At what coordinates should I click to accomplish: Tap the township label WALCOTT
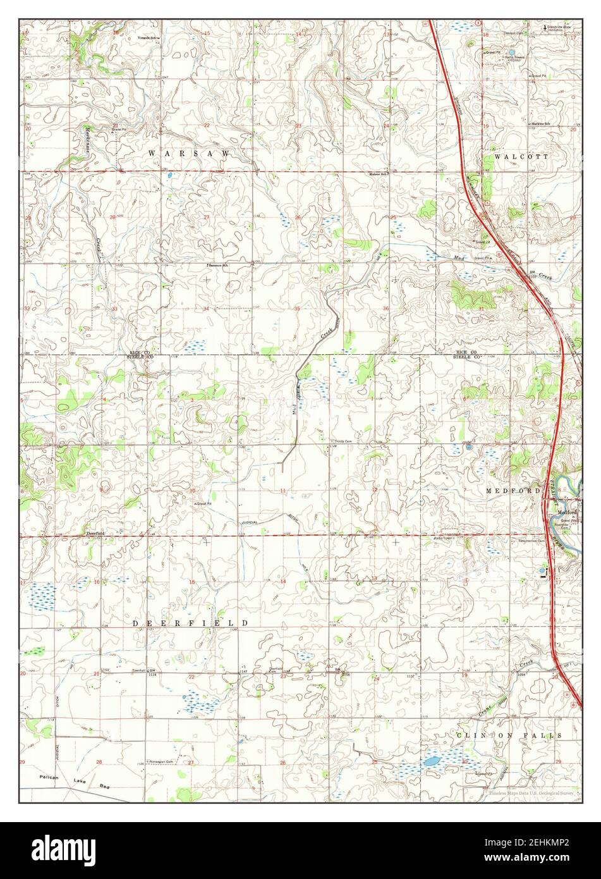(522, 156)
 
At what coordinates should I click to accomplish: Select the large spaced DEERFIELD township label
(190, 623)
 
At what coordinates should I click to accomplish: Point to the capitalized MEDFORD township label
(513, 490)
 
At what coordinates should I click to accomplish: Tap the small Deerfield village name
(95, 534)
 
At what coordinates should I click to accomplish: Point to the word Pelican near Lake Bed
(48, 776)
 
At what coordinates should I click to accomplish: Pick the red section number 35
(297, 309)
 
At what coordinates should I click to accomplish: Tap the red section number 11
(284, 491)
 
